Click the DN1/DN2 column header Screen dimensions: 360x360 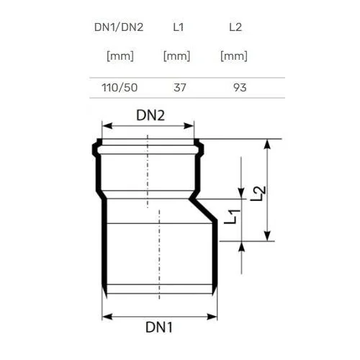pos(119,27)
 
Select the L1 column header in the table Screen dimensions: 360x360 pos(179,27)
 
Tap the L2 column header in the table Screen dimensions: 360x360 pos(235,27)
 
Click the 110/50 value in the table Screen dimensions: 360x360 pos(120,88)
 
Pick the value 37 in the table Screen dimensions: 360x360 pos(180,88)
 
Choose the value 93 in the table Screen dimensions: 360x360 pos(240,88)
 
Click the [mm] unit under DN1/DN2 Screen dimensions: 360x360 pos(120,56)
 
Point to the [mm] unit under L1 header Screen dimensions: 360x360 pos(176,56)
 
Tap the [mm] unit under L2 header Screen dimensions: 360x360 pos(234,56)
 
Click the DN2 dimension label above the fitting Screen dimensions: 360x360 pos(150,115)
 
